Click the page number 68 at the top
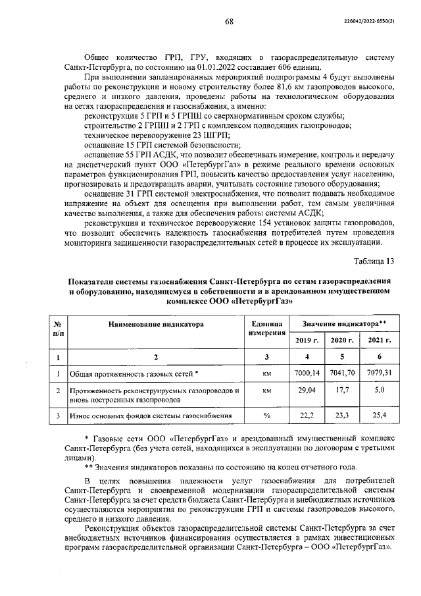pyautogui.click(x=229, y=21)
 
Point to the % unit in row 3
pyautogui.click(x=266, y=416)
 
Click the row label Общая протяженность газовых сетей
pyautogui.click(x=134, y=373)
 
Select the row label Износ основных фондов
pyautogui.click(x=151, y=416)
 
